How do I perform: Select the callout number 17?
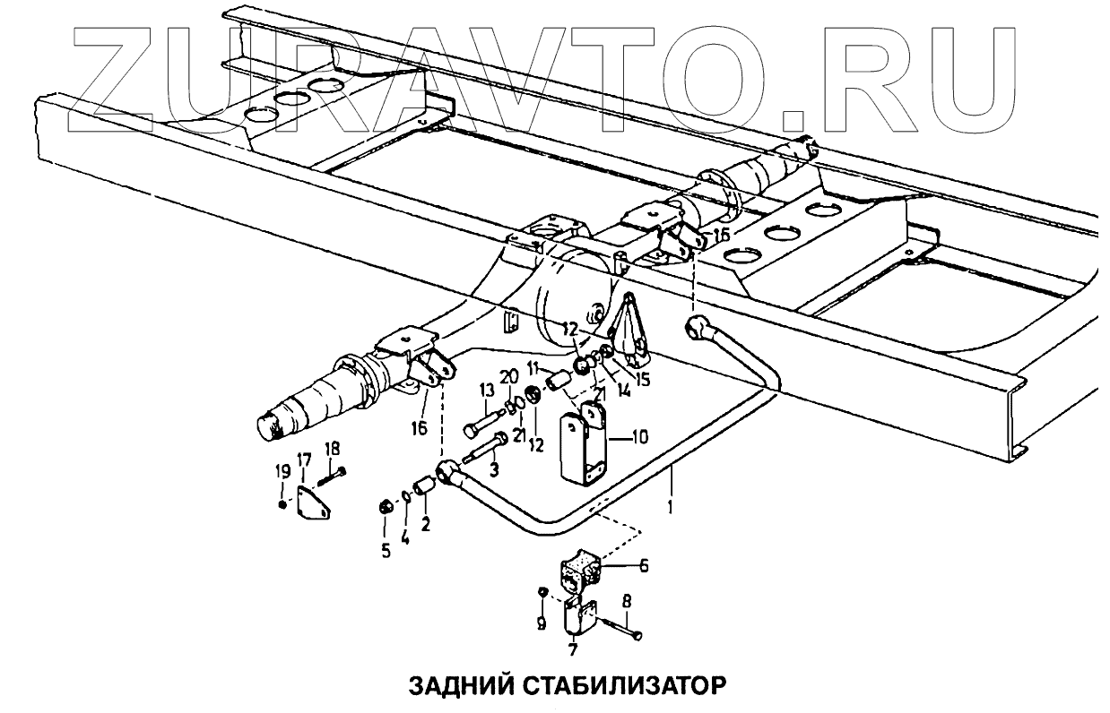coord(303,460)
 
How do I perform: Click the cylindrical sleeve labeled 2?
coord(425,486)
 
